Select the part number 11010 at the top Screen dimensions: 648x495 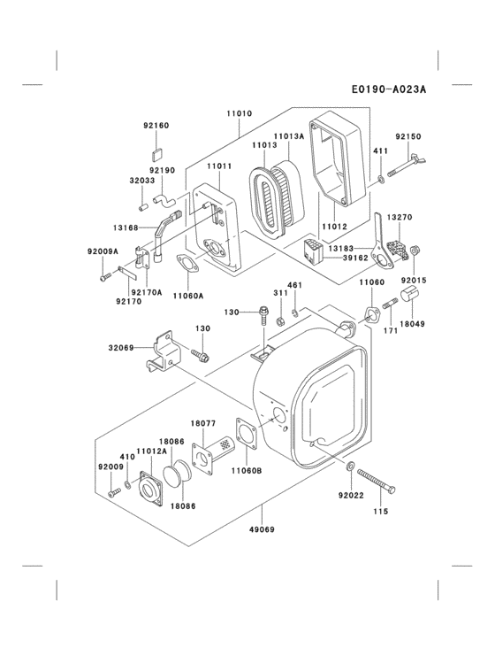click(x=239, y=114)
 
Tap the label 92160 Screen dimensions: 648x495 click(x=156, y=127)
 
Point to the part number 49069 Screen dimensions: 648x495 click(x=263, y=530)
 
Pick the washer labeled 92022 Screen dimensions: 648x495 click(x=353, y=467)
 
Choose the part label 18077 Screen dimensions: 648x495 click(x=204, y=424)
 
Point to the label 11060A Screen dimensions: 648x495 click(x=187, y=296)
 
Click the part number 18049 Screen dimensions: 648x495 click(x=411, y=324)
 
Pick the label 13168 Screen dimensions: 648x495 click(x=126, y=228)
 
